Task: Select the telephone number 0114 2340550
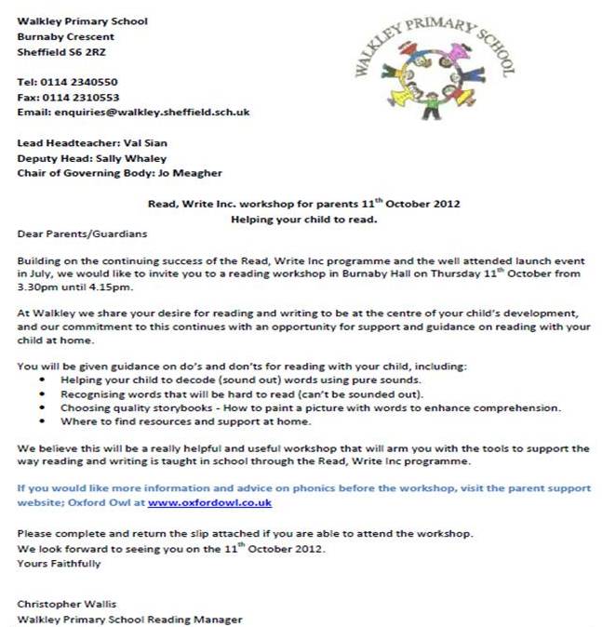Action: coord(78,82)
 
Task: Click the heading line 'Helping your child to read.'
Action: coord(303,219)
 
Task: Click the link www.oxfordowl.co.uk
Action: coord(209,502)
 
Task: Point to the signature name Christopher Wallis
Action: coord(68,604)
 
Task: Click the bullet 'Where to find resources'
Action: coord(184,420)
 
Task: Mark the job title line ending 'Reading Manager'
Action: coord(129,619)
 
